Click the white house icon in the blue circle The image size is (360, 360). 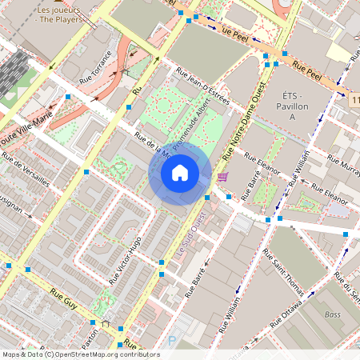[x=180, y=172]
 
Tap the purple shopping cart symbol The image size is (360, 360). [x=222, y=177]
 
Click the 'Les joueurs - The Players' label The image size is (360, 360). [x=63, y=14]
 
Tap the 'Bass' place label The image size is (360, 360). [x=333, y=315]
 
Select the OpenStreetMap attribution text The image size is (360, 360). [x=81, y=354]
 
